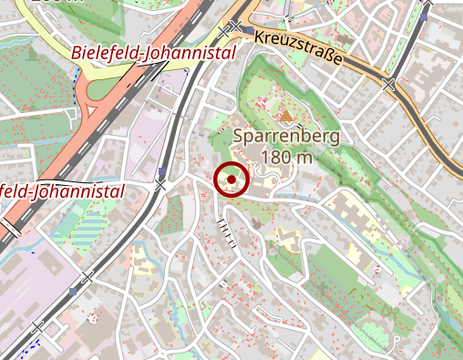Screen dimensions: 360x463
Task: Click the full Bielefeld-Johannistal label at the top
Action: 153,54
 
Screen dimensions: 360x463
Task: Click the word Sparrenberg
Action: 287,138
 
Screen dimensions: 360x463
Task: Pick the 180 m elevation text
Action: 286,158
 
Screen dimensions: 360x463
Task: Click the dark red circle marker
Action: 231,180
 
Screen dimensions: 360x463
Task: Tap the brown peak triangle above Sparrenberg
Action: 286,116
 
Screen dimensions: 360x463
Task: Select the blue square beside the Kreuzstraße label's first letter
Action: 248,29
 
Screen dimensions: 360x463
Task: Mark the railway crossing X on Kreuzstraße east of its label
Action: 390,85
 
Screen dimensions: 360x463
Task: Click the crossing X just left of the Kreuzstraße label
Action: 237,26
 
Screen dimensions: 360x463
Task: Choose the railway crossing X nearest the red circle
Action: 160,185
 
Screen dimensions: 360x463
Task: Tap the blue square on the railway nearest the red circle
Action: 162,171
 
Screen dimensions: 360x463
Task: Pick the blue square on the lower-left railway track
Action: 72,292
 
